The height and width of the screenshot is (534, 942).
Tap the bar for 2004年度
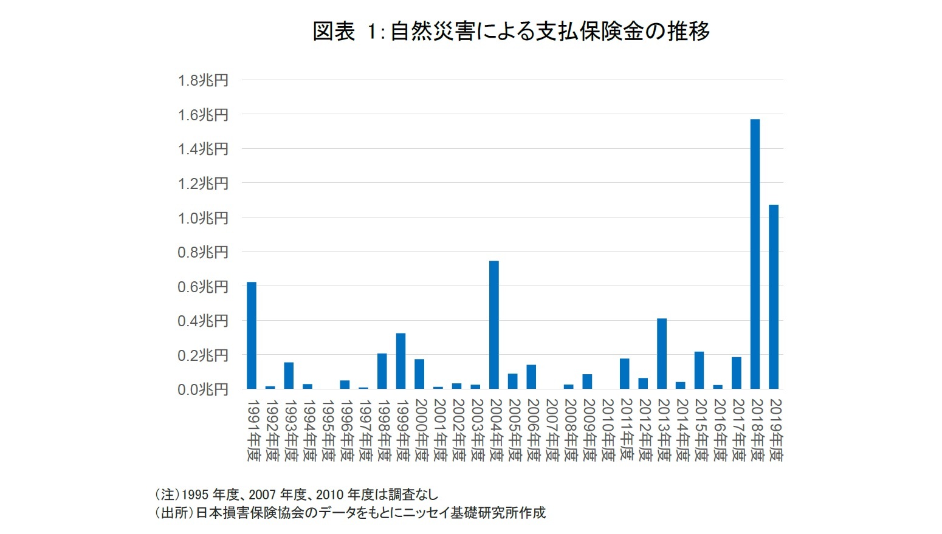(494, 325)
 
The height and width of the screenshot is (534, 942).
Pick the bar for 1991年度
(252, 335)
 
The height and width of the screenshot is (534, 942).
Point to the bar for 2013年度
(662, 354)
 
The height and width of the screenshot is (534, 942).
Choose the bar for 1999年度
(401, 361)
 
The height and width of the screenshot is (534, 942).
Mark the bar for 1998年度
(382, 371)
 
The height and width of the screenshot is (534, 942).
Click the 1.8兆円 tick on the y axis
(203, 80)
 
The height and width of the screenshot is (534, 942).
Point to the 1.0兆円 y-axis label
(203, 218)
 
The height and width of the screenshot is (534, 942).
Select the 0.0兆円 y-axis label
(203, 389)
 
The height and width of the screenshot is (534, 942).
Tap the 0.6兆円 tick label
(203, 287)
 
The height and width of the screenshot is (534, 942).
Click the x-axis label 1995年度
(328, 430)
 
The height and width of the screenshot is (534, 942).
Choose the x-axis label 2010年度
(607, 430)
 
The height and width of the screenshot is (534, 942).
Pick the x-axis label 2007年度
(551, 430)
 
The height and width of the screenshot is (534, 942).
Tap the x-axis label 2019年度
(775, 430)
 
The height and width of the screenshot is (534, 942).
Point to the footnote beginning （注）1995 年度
(296, 495)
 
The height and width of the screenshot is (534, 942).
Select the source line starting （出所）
(350, 513)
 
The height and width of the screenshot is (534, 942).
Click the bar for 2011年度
(624, 374)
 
